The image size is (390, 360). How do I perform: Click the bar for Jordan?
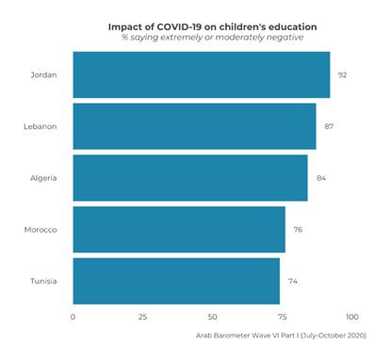pyautogui.click(x=201, y=75)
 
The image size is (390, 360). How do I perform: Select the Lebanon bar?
pyautogui.click(x=194, y=126)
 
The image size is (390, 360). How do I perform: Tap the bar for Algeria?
pyautogui.click(x=189, y=178)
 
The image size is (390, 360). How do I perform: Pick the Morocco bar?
pyautogui.click(x=178, y=230)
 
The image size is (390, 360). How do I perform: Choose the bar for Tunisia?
pyautogui.click(x=175, y=281)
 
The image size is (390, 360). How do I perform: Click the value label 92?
pyautogui.click(x=343, y=75)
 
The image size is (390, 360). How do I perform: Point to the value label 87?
pyautogui.click(x=329, y=126)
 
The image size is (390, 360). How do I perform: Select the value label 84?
pyautogui.click(x=320, y=178)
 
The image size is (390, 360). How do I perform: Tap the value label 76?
pyautogui.click(x=298, y=230)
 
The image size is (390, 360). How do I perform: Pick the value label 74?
pyautogui.click(x=292, y=281)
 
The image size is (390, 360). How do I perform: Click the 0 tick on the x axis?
pyautogui.click(x=73, y=317)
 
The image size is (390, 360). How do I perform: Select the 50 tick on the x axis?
pyautogui.click(x=212, y=317)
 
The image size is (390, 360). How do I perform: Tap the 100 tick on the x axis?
pyautogui.click(x=351, y=317)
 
